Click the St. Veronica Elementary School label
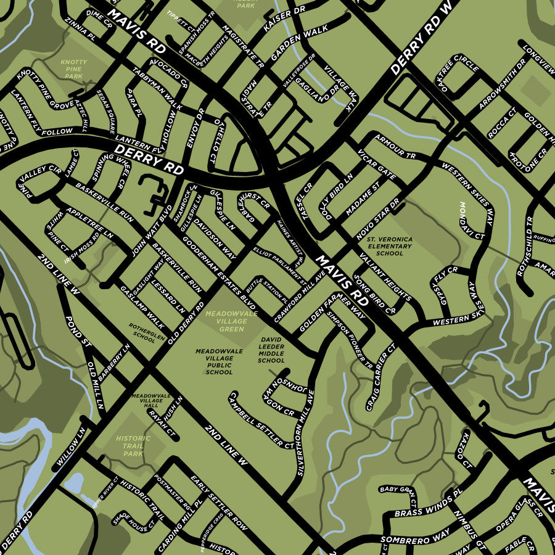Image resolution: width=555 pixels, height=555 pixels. (x=389, y=245)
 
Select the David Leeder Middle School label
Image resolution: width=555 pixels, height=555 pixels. (x=271, y=350)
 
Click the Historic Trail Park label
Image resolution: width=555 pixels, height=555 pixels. (x=133, y=446)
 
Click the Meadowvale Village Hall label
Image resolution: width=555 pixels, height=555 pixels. (x=150, y=400)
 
